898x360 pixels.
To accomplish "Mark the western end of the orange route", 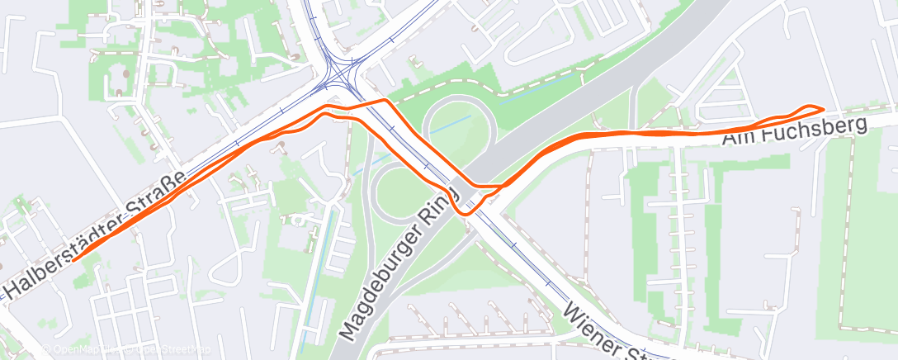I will pos(74,259).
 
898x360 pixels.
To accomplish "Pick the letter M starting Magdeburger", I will pos(351,333).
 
